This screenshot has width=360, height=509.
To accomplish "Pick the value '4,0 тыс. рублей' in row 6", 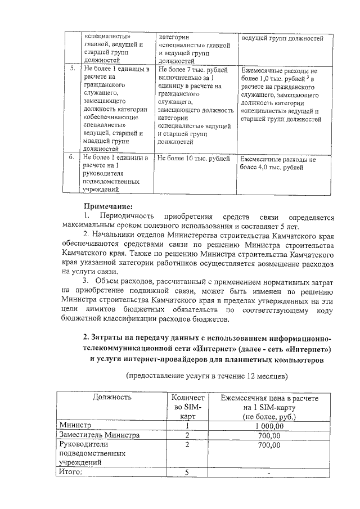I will click(276, 168).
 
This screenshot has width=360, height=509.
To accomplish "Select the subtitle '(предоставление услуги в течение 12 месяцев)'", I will click(207, 374).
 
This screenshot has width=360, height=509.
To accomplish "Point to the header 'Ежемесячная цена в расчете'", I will click(269, 398).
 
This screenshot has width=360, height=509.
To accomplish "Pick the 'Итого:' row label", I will click(71, 472).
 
